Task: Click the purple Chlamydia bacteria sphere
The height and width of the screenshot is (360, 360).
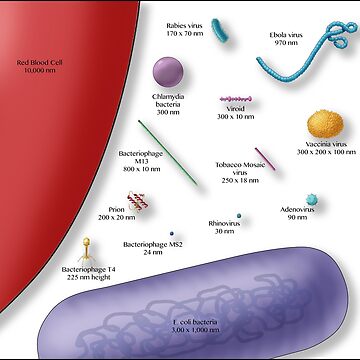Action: pos(168,72)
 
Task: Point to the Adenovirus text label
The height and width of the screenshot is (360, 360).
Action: pos(297,212)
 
